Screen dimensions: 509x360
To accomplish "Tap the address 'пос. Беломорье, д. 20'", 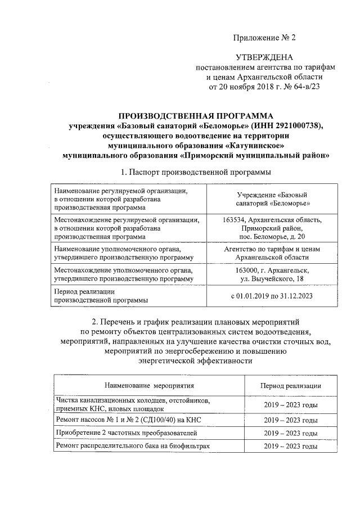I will click(272, 237).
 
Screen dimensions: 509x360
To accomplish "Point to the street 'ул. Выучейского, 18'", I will click(272, 279).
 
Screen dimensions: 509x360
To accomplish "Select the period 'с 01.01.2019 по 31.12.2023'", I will click(272, 295).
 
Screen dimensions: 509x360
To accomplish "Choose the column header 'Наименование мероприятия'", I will click(149, 386).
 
